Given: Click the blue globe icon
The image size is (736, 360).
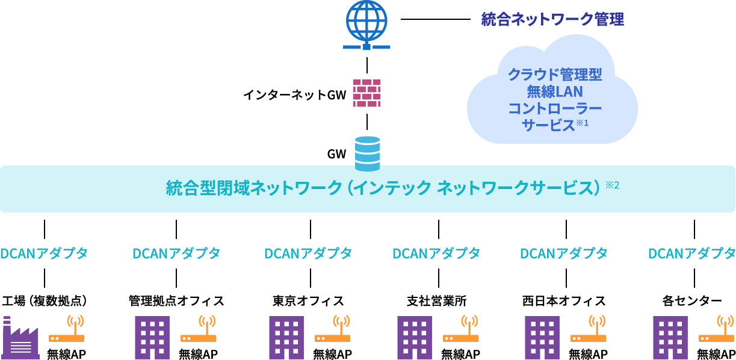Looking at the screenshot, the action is [366, 25].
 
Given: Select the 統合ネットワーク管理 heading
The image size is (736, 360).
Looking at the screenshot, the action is [552, 19].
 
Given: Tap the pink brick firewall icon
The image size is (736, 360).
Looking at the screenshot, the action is [366, 93].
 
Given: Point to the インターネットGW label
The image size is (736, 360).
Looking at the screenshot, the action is [295, 95].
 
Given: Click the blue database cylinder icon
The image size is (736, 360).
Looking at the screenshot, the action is [367, 154].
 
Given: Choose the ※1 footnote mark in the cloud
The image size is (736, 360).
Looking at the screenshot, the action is [582, 123].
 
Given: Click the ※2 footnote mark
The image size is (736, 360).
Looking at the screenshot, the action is [613, 185].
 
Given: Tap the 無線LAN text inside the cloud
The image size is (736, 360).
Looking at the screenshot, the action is [555, 92].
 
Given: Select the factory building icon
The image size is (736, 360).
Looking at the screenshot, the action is [21, 338].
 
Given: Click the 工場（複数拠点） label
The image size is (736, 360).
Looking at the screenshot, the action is [45, 301].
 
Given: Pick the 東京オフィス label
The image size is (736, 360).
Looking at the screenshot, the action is [308, 301].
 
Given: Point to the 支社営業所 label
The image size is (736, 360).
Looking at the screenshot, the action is [437, 301].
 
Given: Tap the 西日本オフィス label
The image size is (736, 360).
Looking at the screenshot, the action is [564, 301].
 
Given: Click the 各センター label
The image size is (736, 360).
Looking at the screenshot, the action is [692, 301].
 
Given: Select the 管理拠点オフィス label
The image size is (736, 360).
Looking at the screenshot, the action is [176, 301].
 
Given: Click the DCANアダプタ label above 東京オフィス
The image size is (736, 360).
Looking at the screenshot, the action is [308, 253].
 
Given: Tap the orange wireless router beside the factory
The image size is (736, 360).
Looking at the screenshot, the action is [67, 329].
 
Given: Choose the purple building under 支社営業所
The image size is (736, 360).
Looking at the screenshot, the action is [415, 338].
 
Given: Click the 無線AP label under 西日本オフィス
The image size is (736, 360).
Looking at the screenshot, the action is [588, 354].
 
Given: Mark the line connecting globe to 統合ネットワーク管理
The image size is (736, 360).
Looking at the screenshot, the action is [436, 19].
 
